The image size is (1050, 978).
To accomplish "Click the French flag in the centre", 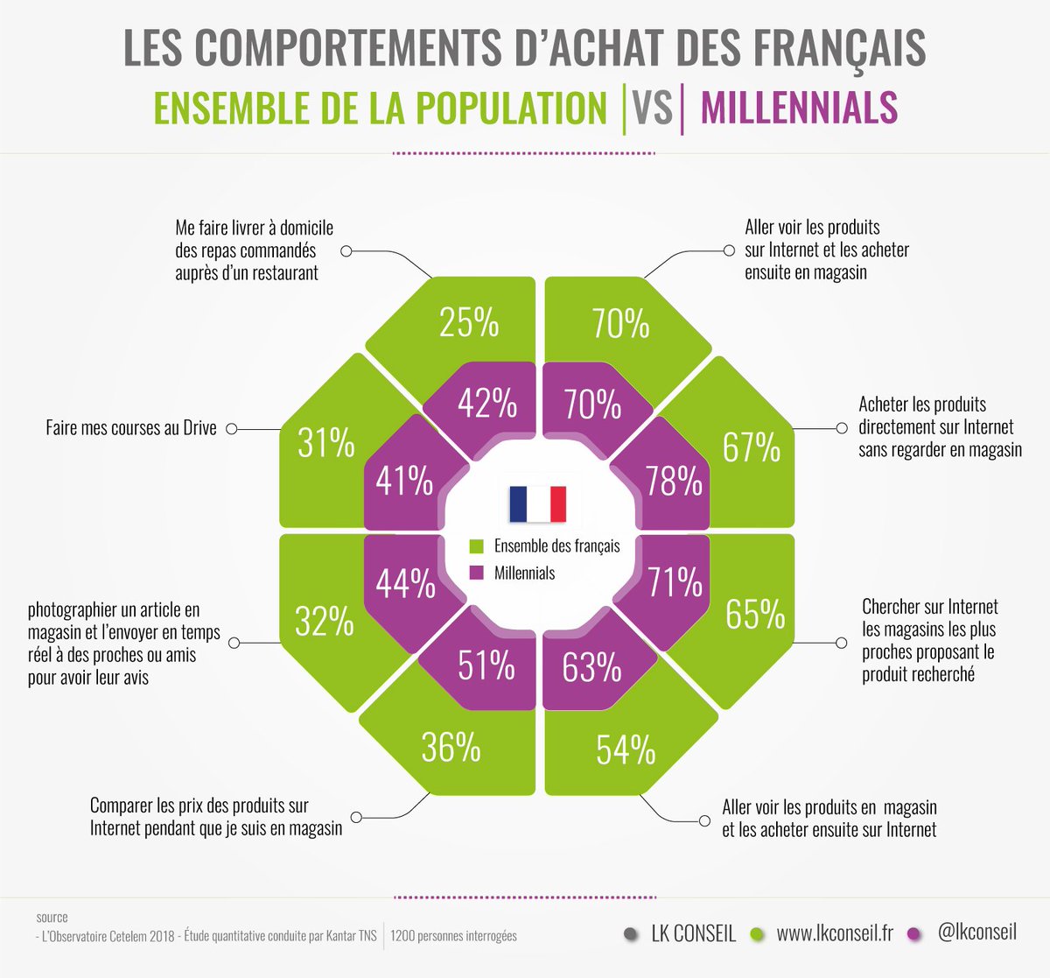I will pos(537,503).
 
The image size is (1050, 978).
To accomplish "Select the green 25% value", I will pos(469,322).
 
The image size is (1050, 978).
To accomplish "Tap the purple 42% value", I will pos(487,404).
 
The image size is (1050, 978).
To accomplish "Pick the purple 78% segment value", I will pos(674,482).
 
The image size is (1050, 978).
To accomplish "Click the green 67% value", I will pos(752,447).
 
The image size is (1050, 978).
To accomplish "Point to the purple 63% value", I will pos(591,667).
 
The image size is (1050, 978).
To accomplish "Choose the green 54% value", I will pos(626,750).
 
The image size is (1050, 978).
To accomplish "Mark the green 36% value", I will pos(451,748).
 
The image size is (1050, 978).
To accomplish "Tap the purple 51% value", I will pos(486,665).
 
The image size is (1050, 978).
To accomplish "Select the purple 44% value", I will pos(405,584).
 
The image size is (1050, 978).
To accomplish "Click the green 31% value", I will pos(325,443).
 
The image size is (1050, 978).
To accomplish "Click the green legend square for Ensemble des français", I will pos(477,546).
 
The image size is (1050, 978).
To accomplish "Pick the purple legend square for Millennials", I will pos(477,573).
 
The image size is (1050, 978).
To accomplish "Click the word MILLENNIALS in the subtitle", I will pos(799,108).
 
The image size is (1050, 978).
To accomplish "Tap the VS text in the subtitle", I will pos(652,108).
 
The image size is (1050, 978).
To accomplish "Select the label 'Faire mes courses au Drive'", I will pos(131,429).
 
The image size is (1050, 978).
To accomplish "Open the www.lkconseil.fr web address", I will pos(835,933).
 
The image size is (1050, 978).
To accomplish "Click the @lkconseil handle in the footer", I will pos(976,932).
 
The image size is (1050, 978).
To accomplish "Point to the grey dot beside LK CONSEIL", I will pos(630,934).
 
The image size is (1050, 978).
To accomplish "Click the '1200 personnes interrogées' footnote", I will pos(453,936).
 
